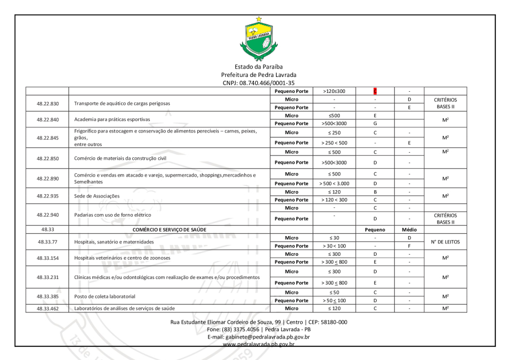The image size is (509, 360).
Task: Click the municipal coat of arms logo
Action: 258,39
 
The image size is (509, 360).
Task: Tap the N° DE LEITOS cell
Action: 445,242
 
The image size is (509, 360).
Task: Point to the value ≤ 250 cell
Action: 334,132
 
